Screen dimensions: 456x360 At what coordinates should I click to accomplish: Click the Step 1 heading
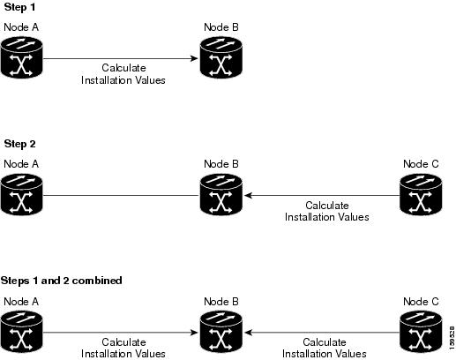coord(19,7)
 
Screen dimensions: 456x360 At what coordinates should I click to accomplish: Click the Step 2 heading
coord(19,144)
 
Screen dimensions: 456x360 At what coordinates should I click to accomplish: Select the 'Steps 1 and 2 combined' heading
coord(62,281)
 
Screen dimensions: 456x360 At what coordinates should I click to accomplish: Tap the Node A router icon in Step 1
coord(21,57)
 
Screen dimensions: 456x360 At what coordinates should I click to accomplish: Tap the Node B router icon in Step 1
coord(221,57)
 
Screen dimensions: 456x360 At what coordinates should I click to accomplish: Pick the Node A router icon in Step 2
coord(21,194)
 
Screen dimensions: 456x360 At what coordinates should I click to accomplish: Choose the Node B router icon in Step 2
coord(221,194)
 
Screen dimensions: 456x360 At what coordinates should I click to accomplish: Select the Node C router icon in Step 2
coord(421,194)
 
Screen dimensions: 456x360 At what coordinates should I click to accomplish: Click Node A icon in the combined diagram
coord(21,332)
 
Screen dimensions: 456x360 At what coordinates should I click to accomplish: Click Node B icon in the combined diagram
coord(221,332)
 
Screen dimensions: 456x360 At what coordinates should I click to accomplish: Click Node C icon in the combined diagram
coord(421,332)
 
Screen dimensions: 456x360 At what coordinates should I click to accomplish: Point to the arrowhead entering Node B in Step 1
coord(194,58)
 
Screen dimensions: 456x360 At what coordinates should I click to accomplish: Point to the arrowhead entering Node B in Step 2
coord(249,195)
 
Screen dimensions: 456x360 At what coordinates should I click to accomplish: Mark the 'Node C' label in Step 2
coord(421,164)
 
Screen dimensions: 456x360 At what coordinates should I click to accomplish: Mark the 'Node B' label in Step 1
coord(221,27)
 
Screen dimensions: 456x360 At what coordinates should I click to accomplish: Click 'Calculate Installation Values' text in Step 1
coord(123,74)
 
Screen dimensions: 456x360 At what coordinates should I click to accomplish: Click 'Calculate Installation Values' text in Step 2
coord(327,211)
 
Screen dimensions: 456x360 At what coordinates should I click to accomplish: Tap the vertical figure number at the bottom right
coord(452,338)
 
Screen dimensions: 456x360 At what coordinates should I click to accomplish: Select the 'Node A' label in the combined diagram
coord(21,302)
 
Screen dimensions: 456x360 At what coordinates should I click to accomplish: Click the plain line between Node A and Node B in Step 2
coord(121,195)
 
